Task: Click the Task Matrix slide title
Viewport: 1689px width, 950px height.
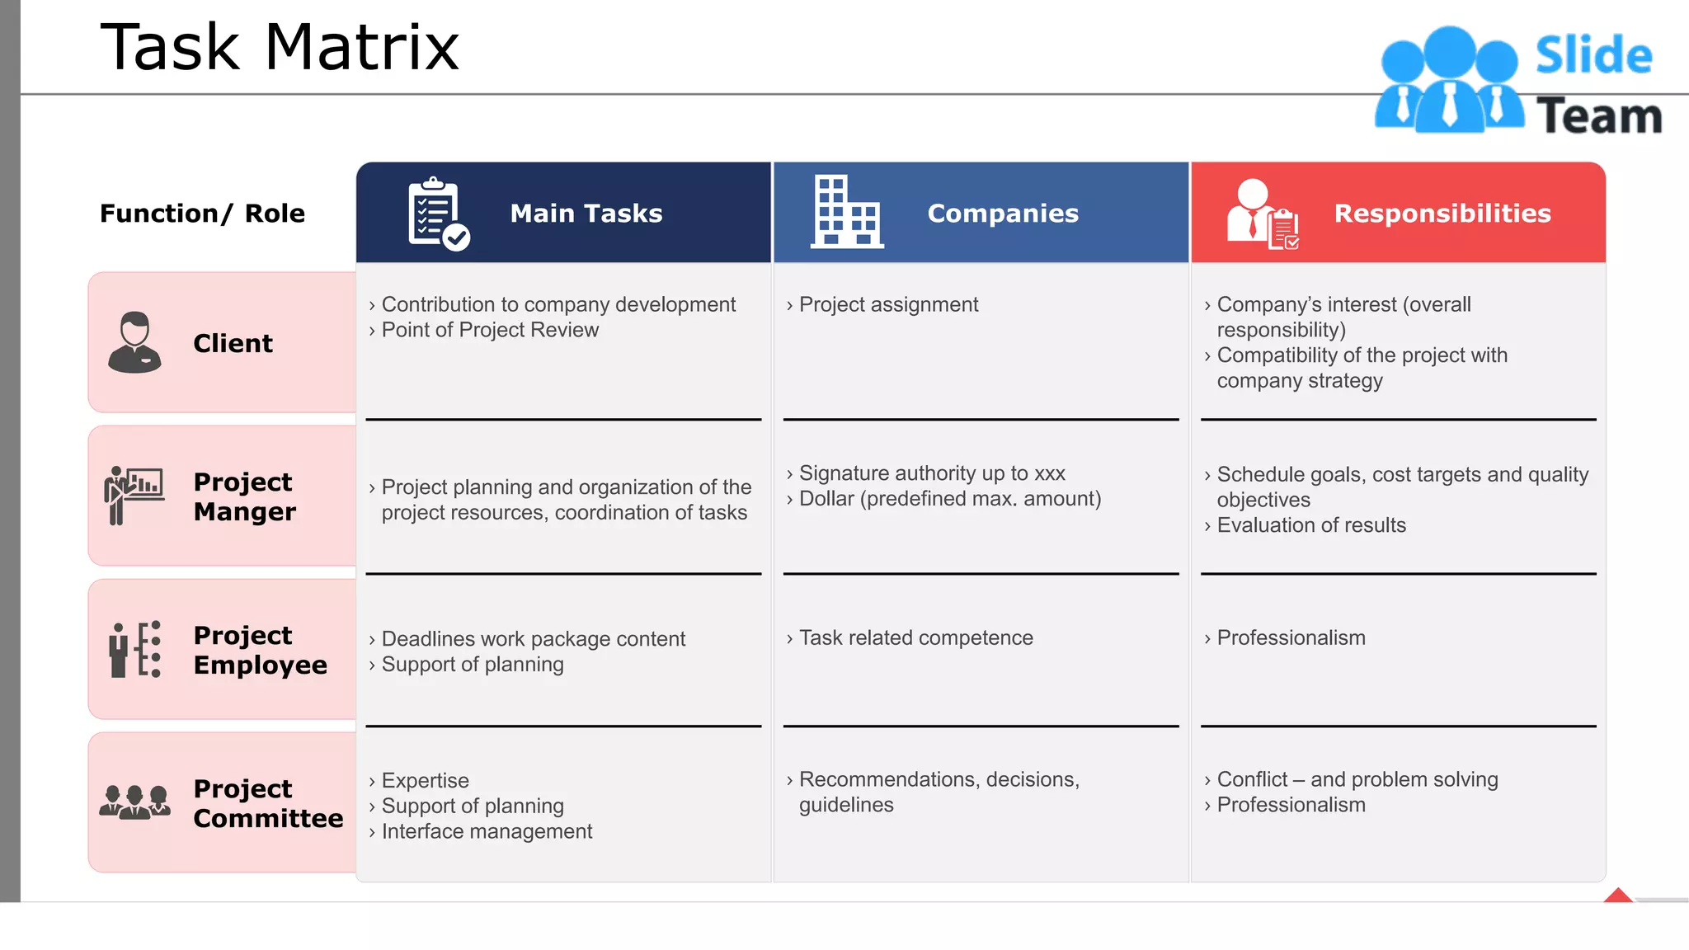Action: click(280, 47)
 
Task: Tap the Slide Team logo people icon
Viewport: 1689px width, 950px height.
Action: click(1449, 81)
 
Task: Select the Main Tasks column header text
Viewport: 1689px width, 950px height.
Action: click(586, 214)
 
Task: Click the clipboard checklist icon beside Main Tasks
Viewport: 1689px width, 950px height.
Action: click(437, 214)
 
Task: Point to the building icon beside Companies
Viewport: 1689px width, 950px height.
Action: click(846, 212)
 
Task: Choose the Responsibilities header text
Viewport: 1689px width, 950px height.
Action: click(1442, 214)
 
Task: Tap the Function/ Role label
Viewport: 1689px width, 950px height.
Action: click(202, 214)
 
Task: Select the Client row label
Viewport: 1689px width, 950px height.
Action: click(233, 343)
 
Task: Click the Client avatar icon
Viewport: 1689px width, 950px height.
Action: click(134, 342)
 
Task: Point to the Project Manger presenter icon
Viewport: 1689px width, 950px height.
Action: click(133, 495)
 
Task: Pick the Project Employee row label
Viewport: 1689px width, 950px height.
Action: click(260, 650)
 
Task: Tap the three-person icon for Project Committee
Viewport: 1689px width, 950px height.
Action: click(134, 802)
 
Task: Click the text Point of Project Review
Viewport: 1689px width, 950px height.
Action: click(490, 330)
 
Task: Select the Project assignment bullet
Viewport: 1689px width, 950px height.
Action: click(888, 304)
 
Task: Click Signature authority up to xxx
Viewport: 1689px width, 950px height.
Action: click(932, 473)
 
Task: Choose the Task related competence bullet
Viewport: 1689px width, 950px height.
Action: click(915, 637)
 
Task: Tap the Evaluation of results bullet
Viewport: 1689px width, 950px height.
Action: click(1311, 525)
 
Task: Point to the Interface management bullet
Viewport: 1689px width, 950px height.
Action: click(487, 831)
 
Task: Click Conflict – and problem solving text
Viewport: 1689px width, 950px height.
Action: click(1357, 779)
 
